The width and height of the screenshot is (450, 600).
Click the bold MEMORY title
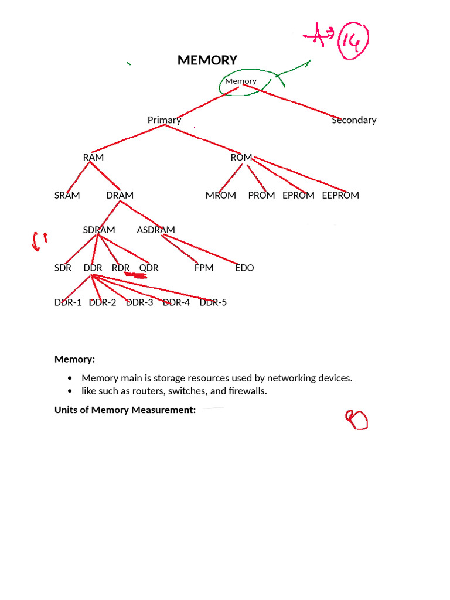click(x=207, y=60)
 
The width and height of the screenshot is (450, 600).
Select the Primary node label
click(x=164, y=120)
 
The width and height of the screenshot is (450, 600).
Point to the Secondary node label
click(x=354, y=120)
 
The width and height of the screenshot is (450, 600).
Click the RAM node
click(x=93, y=158)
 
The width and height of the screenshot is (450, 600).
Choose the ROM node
click(x=241, y=158)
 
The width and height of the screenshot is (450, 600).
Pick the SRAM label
click(x=67, y=196)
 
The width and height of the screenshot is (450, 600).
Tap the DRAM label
click(x=120, y=196)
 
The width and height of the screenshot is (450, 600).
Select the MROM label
click(x=221, y=196)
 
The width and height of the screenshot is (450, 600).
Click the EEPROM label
click(x=340, y=196)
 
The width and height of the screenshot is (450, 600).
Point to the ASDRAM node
click(x=156, y=230)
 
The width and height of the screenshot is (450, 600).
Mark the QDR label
click(x=149, y=268)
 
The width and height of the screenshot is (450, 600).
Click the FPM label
click(x=204, y=268)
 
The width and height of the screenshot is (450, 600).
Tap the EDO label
click(x=244, y=268)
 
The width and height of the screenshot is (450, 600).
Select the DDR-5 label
click(x=213, y=303)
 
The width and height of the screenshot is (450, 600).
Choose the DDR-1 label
click(x=68, y=303)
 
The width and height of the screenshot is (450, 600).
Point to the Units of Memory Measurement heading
click(x=125, y=410)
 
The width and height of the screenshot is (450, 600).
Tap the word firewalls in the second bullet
click(x=247, y=391)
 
